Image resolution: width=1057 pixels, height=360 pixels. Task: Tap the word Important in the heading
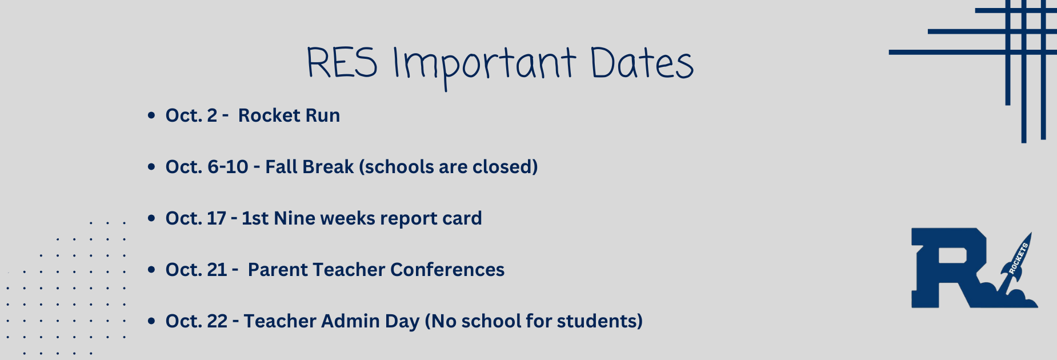coord(484,66)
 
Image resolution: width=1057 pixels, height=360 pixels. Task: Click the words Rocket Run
coord(289,115)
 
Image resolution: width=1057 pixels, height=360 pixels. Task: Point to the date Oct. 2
coord(191,115)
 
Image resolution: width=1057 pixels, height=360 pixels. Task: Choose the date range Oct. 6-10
coord(207,167)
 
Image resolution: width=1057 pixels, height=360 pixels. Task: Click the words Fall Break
coord(310,167)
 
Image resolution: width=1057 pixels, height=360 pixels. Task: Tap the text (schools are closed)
coord(449,167)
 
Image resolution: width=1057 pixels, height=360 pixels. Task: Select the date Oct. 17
coord(196,218)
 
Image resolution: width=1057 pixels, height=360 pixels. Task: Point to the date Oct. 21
coord(197,270)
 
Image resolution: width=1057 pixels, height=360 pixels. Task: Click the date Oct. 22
coord(197,321)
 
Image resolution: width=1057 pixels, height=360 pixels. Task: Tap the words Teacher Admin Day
coord(332,322)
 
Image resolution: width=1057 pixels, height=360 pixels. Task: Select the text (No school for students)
coord(534,321)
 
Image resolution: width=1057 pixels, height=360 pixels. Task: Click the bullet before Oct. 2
coord(151,115)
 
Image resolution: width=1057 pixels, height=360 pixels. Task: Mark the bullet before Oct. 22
coord(151,321)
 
